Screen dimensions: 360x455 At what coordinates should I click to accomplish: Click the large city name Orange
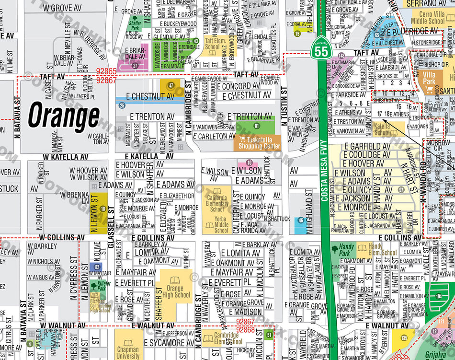pos(64,116)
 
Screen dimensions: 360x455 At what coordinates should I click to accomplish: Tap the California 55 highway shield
pos(322,49)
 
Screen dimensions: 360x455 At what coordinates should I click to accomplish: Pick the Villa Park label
pos(429,78)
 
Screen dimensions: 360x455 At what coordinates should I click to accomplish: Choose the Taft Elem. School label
pos(216,44)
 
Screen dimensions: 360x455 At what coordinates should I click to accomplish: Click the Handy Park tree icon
pos(334,248)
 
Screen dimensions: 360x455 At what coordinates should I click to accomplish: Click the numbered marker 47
pos(170,85)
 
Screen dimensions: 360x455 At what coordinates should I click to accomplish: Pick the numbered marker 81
pos(257,126)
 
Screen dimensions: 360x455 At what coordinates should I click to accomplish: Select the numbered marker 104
pos(439,297)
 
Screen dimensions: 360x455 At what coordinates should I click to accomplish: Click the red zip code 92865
pos(106,71)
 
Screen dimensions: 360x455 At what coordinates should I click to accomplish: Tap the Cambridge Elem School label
pos(226,338)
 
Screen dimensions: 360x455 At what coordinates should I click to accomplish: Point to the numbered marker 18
pos(102,208)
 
